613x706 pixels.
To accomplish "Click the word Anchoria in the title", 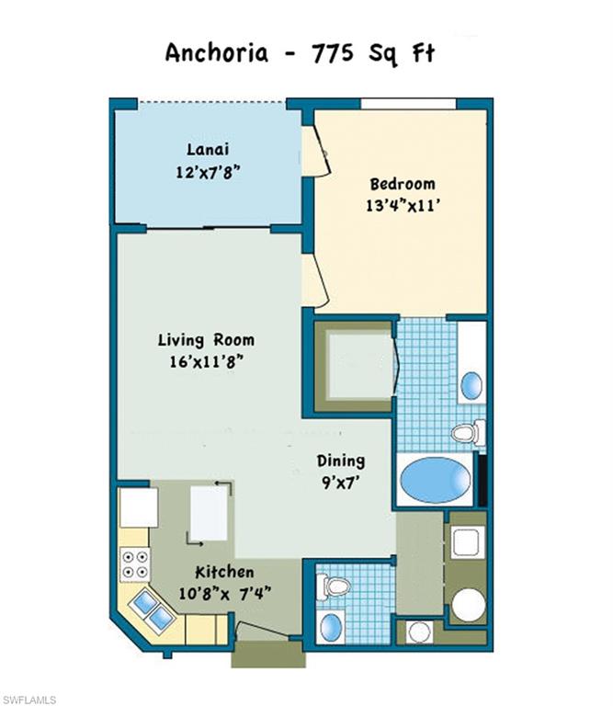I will point(217,52).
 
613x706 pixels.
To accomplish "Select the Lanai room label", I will point(208,149).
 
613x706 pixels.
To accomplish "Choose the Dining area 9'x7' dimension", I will point(341,482).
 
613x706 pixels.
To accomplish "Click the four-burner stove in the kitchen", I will point(134,563).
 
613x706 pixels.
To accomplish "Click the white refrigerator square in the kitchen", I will point(139,507).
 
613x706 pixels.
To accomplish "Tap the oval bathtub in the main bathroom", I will point(436,480).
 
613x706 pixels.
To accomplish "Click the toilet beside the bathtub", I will point(467,431).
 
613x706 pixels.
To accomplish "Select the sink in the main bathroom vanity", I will point(471,384).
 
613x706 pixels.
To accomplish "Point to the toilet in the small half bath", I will point(335,586).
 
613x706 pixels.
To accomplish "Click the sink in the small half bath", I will point(332,628).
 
